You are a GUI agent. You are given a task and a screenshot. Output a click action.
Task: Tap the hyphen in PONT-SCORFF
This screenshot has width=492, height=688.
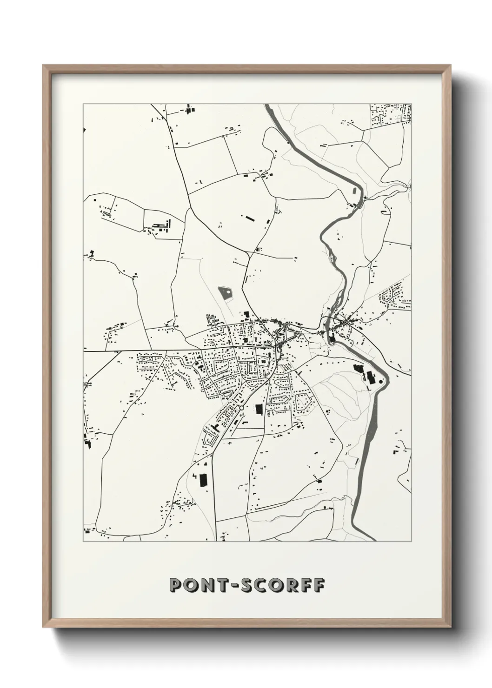(239, 585)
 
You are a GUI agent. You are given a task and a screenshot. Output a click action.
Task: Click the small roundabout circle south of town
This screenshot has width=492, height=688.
(242, 408)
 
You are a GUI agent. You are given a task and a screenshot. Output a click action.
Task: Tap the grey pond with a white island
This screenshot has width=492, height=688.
(226, 293)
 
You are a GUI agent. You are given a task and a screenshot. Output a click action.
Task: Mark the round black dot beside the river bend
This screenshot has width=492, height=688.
(381, 381)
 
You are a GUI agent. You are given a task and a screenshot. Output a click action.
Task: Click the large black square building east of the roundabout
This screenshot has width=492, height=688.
(259, 409)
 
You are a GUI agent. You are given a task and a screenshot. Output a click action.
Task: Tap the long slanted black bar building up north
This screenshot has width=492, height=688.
(250, 218)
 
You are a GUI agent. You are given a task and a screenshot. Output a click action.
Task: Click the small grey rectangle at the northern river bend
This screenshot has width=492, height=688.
(354, 190)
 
